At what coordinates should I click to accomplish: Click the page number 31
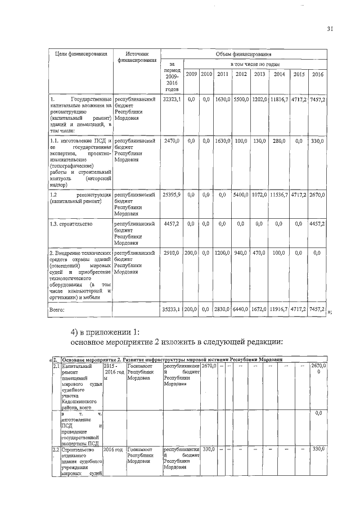click(330, 30)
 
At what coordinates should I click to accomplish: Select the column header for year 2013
click(259, 74)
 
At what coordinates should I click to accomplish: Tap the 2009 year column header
click(191, 74)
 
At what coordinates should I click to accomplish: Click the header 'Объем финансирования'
click(243, 54)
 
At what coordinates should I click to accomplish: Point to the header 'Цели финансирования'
click(80, 54)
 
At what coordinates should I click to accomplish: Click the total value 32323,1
click(171, 99)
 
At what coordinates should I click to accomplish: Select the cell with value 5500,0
click(241, 99)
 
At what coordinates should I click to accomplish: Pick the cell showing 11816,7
click(279, 99)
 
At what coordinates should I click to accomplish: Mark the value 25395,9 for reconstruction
click(171, 194)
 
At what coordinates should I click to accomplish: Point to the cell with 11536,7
click(279, 194)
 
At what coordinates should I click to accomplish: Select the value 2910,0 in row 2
click(171, 254)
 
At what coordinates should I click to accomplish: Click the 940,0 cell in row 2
click(241, 254)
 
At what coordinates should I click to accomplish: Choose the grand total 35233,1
click(171, 309)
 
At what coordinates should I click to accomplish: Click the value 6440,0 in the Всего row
click(241, 309)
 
